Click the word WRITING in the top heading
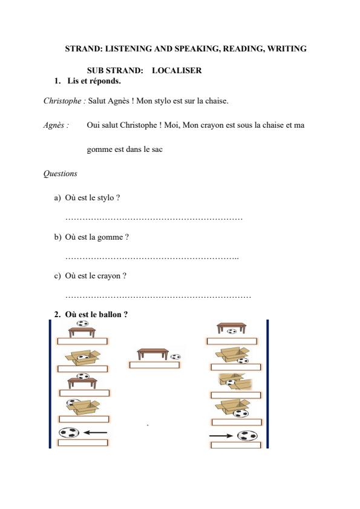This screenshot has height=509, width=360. click(285, 48)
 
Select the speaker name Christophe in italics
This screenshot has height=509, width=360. click(64, 101)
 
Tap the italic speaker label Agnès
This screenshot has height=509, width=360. click(55, 125)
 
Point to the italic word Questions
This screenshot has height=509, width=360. click(60, 174)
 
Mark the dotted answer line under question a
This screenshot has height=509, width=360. click(154, 217)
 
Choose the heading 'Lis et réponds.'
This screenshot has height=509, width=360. click(94, 80)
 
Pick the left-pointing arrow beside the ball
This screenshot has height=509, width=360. click(95, 433)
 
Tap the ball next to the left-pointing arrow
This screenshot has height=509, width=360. click(69, 433)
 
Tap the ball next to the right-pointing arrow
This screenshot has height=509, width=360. click(247, 435)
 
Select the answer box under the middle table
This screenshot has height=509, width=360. click(154, 365)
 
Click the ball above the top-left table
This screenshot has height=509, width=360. click(82, 323)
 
